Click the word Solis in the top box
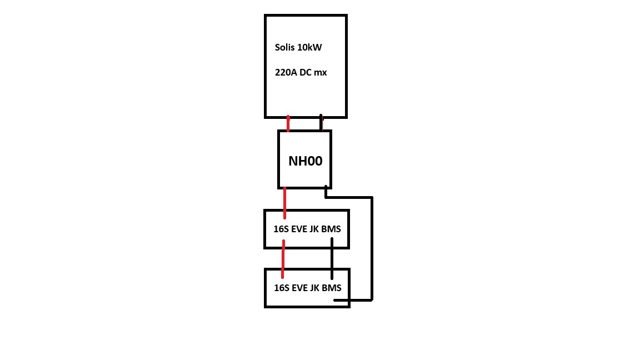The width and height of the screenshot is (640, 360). tap(285, 47)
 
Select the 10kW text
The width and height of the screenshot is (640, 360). tap(310, 47)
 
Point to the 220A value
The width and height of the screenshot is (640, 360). tap(286, 73)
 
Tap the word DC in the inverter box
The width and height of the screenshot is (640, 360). tap(306, 73)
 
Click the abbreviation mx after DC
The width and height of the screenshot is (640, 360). tap(321, 73)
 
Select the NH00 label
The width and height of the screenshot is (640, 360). tap(306, 161)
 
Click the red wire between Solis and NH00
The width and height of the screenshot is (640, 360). tap(288, 124)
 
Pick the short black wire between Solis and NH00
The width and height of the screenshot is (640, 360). tap(321, 122)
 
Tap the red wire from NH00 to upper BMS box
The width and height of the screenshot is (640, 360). tap(285, 203)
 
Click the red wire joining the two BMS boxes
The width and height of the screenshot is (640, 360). tap(283, 259)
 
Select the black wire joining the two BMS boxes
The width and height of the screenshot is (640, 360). tap(332, 259)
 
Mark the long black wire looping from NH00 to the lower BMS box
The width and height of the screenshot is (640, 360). tap(372, 249)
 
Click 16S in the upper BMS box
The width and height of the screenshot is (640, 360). tap(281, 229)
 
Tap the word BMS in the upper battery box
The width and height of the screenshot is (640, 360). tap(331, 229)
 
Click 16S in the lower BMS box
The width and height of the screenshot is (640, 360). tap(282, 288)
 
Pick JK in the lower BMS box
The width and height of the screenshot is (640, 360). tap(314, 288)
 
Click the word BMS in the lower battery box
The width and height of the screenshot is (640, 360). tap(332, 288)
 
